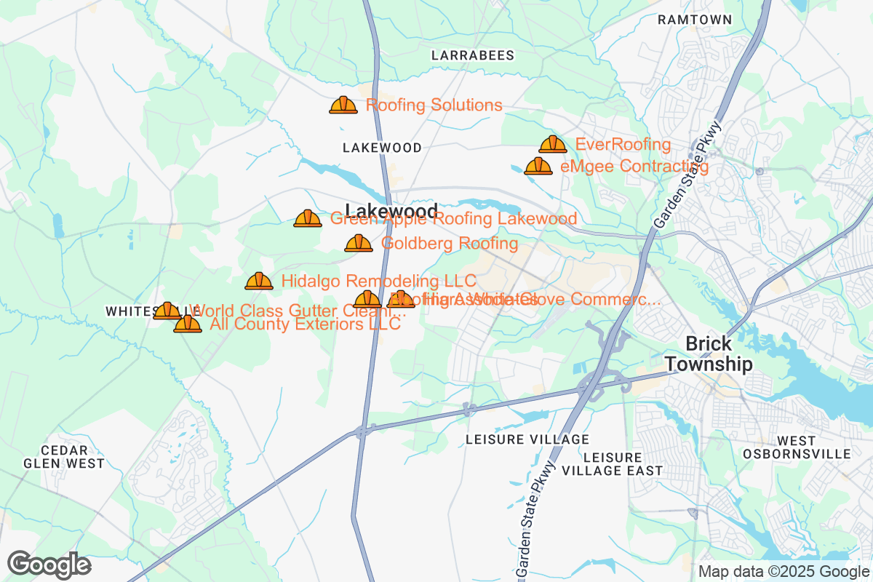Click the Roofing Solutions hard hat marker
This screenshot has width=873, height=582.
click(x=343, y=105)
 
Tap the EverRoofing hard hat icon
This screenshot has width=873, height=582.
click(x=553, y=145)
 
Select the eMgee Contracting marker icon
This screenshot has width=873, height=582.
click(x=538, y=167)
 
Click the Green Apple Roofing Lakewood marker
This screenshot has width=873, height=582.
click(x=308, y=218)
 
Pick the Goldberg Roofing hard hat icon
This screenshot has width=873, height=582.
click(x=359, y=244)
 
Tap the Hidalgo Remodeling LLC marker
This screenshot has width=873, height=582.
click(x=259, y=282)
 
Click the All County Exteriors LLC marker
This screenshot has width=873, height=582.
click(x=188, y=324)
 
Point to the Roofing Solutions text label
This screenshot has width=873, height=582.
click(x=434, y=105)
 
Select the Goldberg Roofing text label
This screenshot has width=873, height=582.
click(x=450, y=244)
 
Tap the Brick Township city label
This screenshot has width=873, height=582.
click(x=709, y=354)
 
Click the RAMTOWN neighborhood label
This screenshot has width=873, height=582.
click(x=694, y=20)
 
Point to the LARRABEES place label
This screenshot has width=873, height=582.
click(x=473, y=55)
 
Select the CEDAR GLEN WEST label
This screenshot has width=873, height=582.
click(x=64, y=457)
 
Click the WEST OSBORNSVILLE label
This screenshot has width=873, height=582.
click(x=797, y=447)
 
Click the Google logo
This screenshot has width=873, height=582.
click(x=49, y=565)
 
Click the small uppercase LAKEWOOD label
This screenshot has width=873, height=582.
click(x=382, y=148)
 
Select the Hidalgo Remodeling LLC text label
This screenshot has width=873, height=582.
click(x=378, y=281)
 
